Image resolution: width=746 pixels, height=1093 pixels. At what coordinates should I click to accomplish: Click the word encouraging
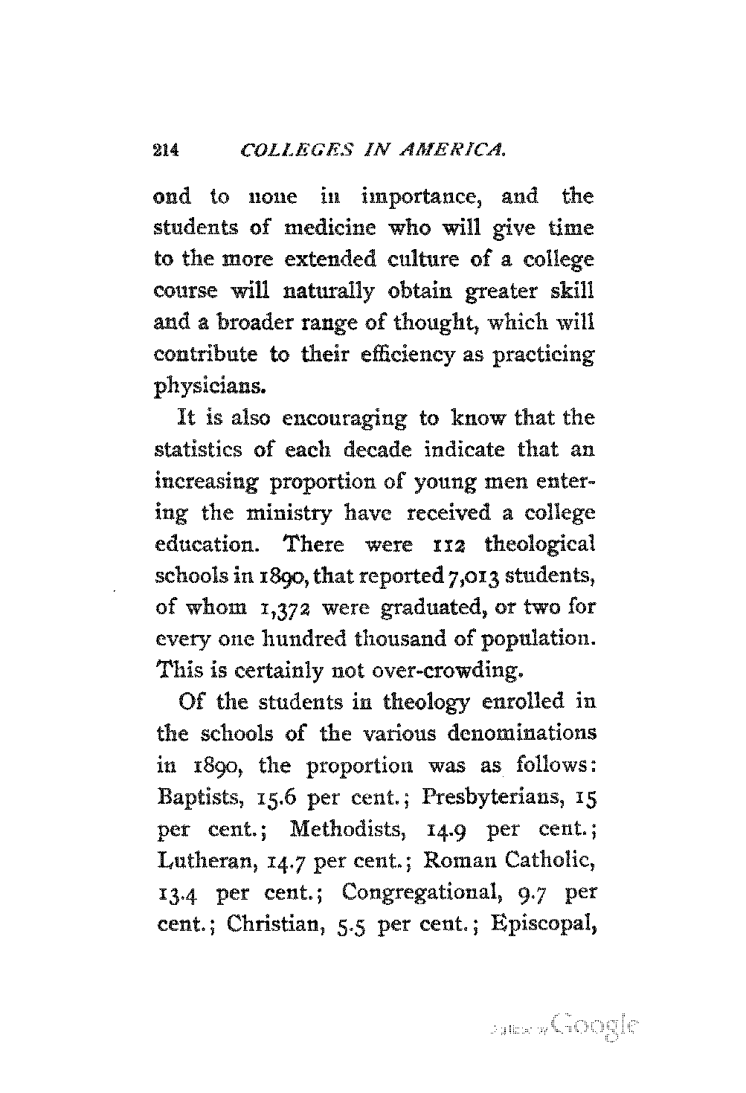click(344, 419)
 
